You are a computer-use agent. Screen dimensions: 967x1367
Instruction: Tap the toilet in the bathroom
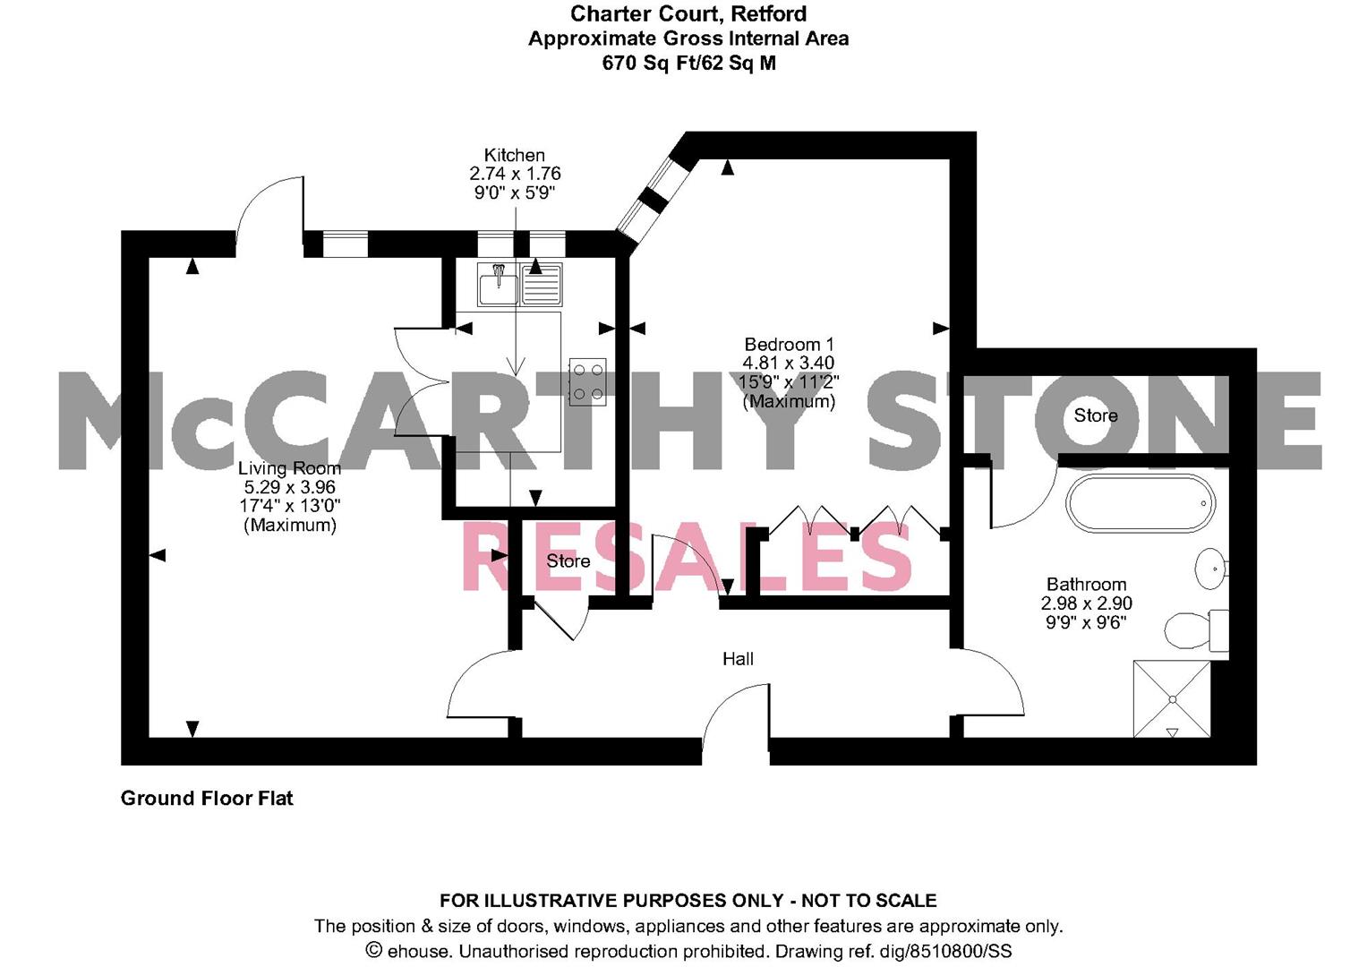click(x=1192, y=630)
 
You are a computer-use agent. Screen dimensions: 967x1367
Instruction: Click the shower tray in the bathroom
click(x=1171, y=698)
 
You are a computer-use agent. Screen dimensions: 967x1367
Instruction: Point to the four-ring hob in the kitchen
click(x=587, y=381)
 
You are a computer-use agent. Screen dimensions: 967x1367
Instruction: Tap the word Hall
click(x=738, y=659)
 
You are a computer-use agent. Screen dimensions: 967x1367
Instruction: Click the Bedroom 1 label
click(x=789, y=345)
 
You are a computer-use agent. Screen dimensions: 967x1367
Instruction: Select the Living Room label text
click(x=289, y=468)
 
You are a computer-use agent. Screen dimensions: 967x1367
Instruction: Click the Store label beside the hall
click(x=568, y=561)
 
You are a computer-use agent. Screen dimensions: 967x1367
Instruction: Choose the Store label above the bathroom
click(x=1096, y=415)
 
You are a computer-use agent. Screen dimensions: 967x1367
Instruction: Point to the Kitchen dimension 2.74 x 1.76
click(x=515, y=174)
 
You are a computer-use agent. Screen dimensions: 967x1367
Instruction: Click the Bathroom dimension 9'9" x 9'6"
click(x=1086, y=622)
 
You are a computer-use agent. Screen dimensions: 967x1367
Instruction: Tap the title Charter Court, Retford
click(x=688, y=14)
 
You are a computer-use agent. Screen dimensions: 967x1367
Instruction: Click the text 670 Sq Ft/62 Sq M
click(x=688, y=64)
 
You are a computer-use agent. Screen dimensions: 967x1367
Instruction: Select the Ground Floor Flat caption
click(x=207, y=798)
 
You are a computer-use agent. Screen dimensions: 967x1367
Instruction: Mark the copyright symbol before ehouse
click(x=373, y=951)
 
